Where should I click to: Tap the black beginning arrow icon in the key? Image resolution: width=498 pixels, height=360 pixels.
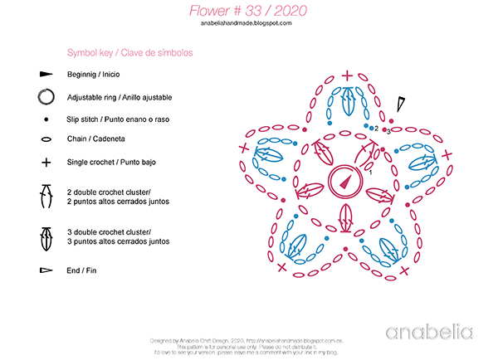[x=46, y=75]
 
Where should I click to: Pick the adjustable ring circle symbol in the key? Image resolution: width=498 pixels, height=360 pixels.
[x=46, y=96]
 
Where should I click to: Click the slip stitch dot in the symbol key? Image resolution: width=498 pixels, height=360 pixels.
[x=46, y=119]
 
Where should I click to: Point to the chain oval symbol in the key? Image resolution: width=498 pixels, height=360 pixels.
[x=46, y=139]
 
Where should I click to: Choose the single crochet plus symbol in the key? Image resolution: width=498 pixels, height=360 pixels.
[x=46, y=162]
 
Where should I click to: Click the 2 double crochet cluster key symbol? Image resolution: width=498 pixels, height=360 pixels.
[x=46, y=197]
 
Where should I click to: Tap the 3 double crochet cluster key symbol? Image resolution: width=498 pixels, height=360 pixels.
[x=46, y=237]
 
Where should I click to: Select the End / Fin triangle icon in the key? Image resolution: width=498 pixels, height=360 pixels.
[x=46, y=270]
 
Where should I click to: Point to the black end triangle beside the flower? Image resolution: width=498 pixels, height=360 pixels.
[x=401, y=104]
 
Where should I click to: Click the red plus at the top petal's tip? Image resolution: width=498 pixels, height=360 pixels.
[x=346, y=76]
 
